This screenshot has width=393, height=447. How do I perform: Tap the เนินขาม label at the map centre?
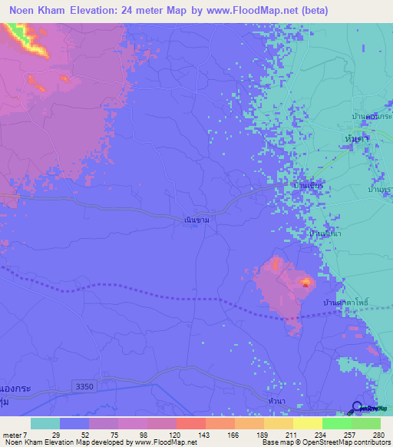click(x=197, y=220)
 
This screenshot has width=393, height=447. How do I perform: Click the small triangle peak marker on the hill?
click(x=305, y=282)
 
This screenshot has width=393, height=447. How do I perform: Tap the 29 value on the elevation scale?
click(x=54, y=434)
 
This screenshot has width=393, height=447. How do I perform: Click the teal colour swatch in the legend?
click(x=45, y=423)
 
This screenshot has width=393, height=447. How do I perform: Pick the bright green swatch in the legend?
click(x=337, y=423)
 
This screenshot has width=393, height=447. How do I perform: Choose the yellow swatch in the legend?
click(x=279, y=423)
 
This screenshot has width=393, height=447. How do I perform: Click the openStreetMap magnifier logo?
click(x=357, y=407)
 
